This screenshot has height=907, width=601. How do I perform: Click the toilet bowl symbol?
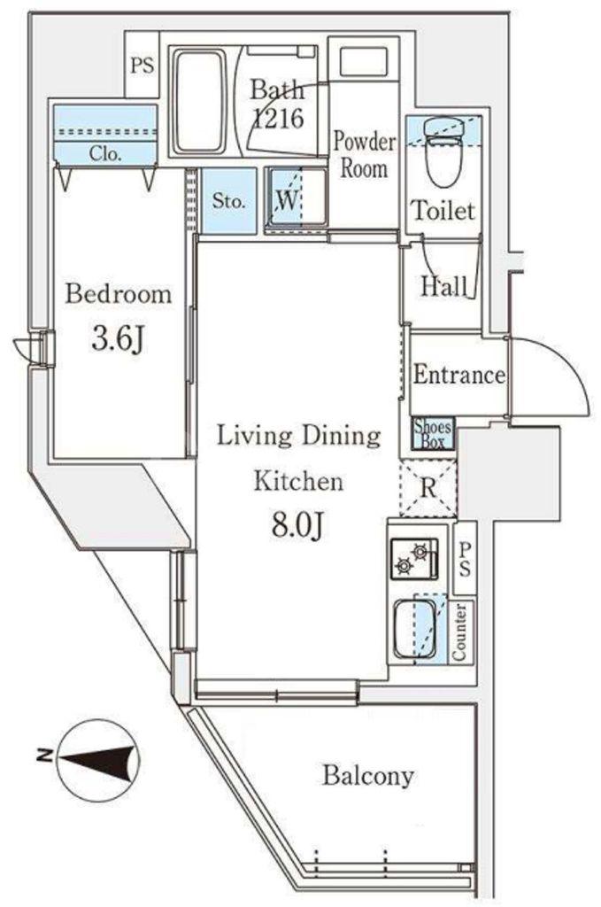(x=443, y=152)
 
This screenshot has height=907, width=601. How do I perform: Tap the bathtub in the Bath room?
(x=201, y=101)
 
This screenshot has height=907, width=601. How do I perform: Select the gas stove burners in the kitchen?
(x=413, y=559)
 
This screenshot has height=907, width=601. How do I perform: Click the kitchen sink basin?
(x=415, y=629)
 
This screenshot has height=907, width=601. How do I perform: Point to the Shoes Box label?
(x=433, y=434)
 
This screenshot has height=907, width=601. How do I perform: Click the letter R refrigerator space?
(x=428, y=488)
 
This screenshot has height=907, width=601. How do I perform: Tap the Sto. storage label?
(x=229, y=201)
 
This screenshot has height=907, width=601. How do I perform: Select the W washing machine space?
(x=297, y=199)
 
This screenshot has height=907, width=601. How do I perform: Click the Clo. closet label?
(x=105, y=154)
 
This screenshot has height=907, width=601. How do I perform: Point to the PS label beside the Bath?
(x=143, y=66)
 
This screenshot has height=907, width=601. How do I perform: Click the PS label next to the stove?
(x=465, y=559)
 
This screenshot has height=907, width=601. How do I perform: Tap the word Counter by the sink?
(x=460, y=632)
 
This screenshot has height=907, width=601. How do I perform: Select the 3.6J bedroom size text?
(x=118, y=339)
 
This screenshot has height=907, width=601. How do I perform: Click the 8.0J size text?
(x=297, y=524)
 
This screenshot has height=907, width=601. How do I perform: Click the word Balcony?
(x=368, y=776)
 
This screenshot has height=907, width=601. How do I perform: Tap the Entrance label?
(x=458, y=375)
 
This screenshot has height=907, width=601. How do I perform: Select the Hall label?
(x=443, y=286)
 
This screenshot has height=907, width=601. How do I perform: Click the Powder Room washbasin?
(x=364, y=61)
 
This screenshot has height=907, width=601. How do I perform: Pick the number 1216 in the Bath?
(x=279, y=118)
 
